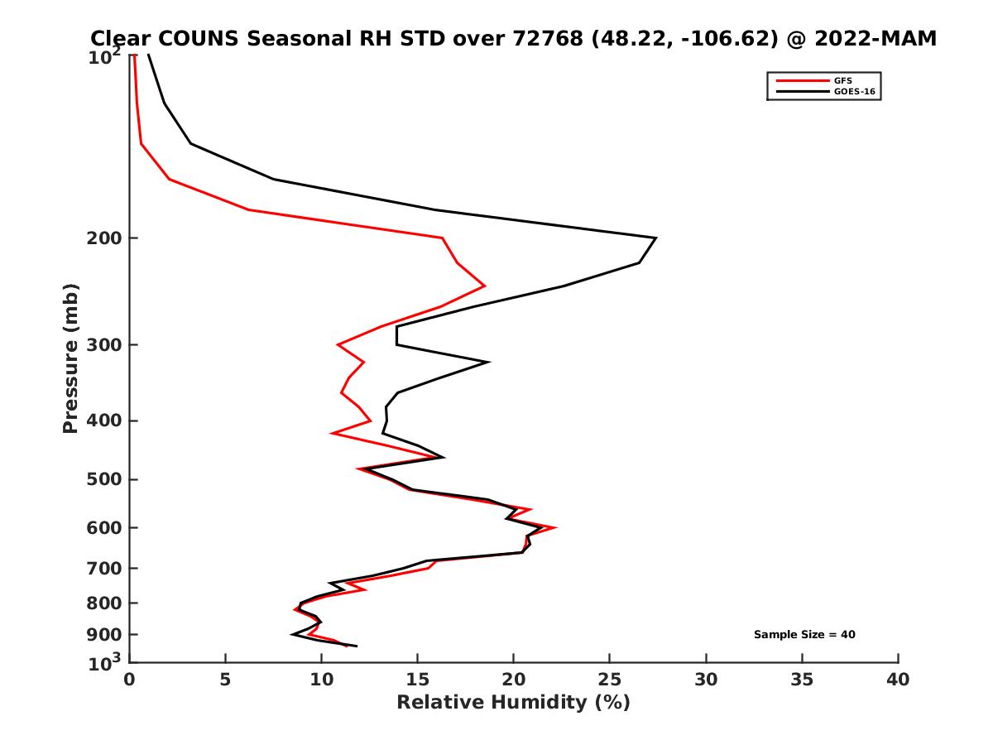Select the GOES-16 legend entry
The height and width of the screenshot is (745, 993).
coord(854,92)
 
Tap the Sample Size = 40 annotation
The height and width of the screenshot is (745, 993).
coord(804,635)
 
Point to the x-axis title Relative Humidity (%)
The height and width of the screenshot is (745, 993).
coord(513,703)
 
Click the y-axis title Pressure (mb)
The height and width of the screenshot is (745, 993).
coord(70,358)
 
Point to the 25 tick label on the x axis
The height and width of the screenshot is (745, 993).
coord(610,680)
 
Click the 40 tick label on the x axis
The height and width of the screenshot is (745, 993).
coord(898,680)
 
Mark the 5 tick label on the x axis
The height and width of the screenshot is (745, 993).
coord(225,680)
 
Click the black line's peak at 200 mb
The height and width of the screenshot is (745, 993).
coord(655,238)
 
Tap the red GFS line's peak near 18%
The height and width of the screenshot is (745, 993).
coord(484,286)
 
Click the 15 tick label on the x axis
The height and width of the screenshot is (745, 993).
coord(417,680)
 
